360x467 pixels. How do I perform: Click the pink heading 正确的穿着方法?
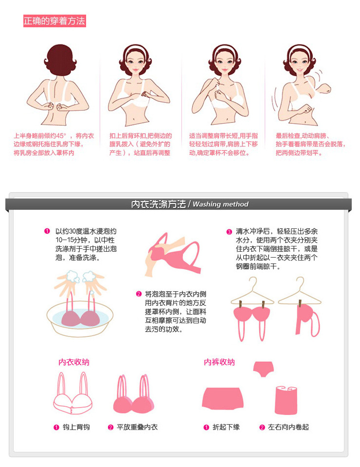click(54, 21)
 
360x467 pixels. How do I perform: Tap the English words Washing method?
click(220, 204)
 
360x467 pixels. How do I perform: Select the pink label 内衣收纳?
click(74, 362)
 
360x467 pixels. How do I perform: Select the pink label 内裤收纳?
click(219, 362)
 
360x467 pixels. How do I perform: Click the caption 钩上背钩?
click(76, 427)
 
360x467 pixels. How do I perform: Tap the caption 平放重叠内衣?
click(137, 427)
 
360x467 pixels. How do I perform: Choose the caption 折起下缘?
click(226, 427)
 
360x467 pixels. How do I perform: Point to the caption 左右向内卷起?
click(288, 427)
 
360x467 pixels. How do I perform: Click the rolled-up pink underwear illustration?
click(286, 400)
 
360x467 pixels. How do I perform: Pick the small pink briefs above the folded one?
click(263, 369)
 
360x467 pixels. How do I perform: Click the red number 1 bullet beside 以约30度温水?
click(47, 231)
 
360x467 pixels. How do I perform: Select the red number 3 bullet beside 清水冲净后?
click(229, 232)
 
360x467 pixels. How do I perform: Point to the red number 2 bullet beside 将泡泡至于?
click(139, 294)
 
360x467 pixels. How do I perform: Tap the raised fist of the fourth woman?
click(324, 89)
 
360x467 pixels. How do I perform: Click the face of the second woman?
click(135, 62)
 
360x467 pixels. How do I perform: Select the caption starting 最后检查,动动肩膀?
click(310, 144)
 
